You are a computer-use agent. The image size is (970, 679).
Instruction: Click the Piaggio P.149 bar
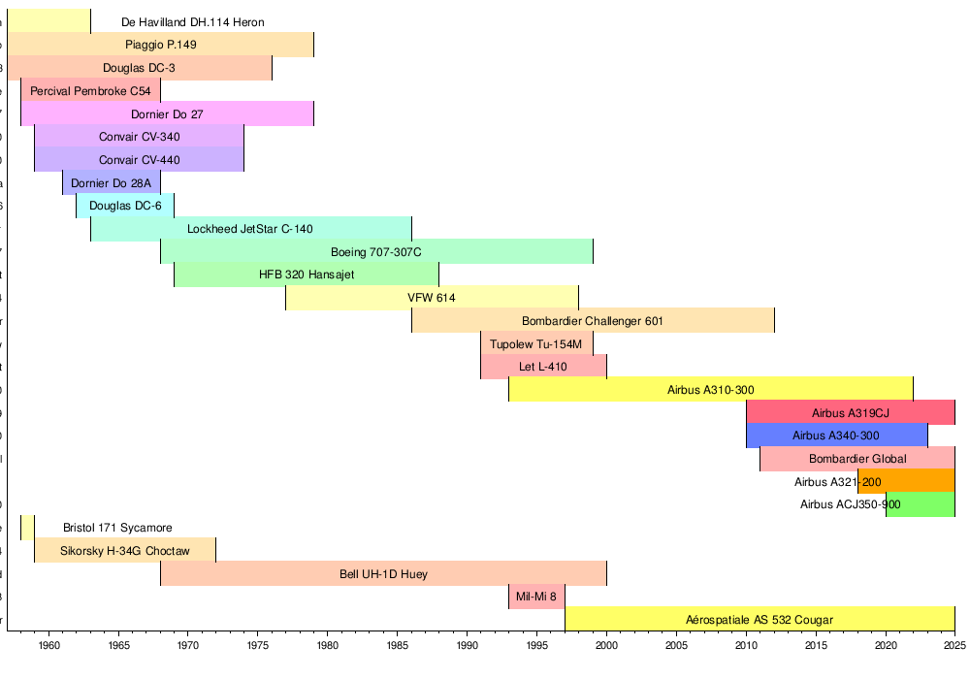coord(160,45)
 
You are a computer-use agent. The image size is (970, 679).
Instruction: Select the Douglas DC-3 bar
coord(139,68)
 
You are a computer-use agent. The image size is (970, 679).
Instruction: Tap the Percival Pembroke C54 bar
coord(90,91)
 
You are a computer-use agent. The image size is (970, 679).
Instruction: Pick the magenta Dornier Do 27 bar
coord(167,113)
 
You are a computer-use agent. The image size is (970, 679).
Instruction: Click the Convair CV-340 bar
coord(139,137)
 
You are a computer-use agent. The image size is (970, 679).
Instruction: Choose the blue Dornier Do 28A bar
coord(111,182)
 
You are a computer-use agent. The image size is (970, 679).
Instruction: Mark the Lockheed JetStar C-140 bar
coord(250,229)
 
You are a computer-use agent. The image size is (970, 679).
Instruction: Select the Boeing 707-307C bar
coord(376,252)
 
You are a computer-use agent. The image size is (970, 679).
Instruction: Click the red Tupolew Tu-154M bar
coord(536,344)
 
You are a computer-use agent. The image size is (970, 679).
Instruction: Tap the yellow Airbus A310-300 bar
coord(710,390)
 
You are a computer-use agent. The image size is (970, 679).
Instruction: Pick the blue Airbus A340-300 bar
coord(836,436)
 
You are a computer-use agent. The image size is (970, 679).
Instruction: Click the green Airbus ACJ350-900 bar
coord(921,504)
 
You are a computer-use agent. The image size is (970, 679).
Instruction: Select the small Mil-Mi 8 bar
coord(536,597)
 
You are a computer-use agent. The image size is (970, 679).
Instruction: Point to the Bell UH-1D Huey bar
coord(383,573)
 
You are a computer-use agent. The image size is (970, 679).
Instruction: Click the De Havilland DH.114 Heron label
coord(193,21)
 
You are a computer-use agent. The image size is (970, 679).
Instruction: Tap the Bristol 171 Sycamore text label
coord(117,528)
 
